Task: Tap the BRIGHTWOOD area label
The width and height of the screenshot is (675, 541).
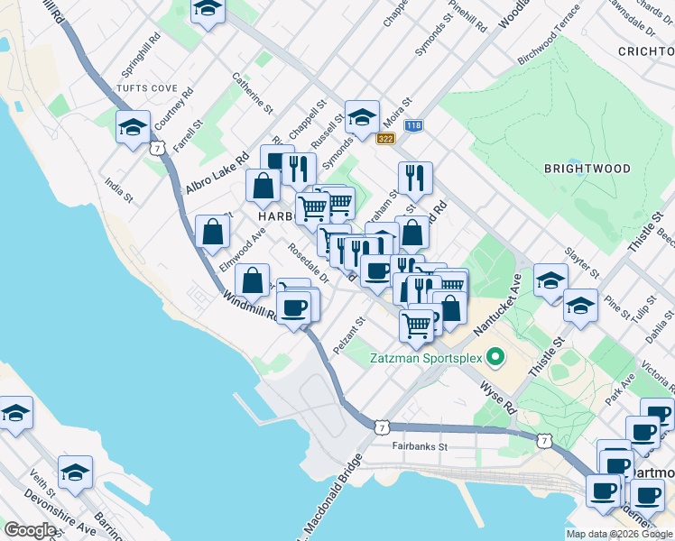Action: point(587,169)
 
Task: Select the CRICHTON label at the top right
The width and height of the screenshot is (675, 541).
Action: point(645,52)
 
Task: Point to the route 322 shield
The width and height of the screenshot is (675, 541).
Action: point(386,138)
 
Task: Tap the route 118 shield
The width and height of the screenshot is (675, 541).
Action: point(413,126)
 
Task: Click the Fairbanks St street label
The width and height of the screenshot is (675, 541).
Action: point(420,446)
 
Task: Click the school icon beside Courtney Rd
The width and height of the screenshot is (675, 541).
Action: point(133,127)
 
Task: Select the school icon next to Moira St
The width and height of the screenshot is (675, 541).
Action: point(362,117)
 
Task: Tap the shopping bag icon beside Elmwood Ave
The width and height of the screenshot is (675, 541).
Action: point(211,232)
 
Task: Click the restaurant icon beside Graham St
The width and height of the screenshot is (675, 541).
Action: point(415,178)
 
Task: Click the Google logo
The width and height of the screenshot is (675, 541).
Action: point(29,530)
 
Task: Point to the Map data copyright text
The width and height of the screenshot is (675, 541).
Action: point(619,534)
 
